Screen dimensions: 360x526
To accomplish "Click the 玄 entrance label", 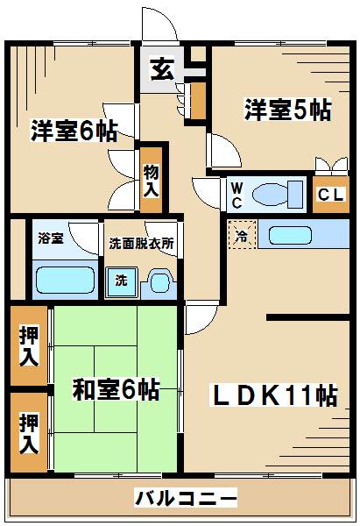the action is tap(163, 69).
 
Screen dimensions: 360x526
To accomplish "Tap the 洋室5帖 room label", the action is tap(287, 109).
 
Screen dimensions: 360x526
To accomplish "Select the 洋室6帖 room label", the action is tap(74, 130).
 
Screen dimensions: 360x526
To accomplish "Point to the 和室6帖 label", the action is tap(116, 389).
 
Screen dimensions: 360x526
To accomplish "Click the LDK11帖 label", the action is tap(273, 395).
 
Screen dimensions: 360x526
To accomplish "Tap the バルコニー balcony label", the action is tap(186, 497).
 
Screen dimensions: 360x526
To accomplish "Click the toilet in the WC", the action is tap(278, 195).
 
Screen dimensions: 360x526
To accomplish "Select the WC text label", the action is tap(237, 195).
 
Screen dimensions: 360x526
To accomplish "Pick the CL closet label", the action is tap(331, 195).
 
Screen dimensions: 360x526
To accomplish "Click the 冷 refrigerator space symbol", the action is tap(242, 234).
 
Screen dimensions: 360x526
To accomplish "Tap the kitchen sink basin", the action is tap(290, 236).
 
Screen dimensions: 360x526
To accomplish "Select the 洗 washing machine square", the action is tap(122, 281).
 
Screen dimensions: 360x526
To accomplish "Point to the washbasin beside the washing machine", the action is tap(159, 282).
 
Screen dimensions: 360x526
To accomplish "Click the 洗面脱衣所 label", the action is tap(141, 243).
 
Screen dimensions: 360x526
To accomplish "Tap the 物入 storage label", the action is tap(152, 181).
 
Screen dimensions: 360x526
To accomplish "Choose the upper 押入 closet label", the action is tap(29, 345).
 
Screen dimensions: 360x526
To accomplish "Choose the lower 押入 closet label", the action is tap(29, 433).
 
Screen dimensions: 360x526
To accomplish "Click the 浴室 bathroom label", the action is tap(51, 238).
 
